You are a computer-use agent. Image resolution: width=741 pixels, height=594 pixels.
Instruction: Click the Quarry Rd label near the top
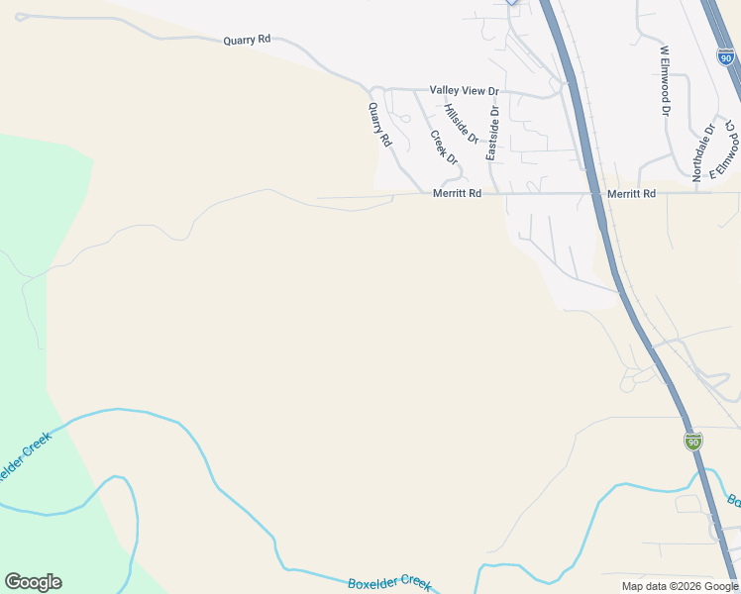(247, 41)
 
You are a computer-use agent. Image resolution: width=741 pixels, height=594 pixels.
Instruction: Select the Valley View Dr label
(464, 90)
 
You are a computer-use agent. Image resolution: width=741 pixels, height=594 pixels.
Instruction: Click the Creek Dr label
(444, 148)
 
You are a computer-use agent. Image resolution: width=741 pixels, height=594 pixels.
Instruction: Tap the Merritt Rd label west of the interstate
(457, 194)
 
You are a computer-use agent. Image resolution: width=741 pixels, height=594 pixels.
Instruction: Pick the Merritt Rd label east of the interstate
(631, 194)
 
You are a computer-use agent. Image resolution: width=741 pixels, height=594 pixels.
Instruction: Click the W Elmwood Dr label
(665, 80)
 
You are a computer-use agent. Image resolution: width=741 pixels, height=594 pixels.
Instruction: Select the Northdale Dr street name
(703, 151)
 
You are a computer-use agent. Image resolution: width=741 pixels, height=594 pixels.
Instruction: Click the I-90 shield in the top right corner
(727, 58)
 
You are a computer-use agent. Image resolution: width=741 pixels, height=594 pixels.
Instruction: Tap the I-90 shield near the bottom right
(692, 441)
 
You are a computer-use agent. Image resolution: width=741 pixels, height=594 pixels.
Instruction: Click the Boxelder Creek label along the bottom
(389, 584)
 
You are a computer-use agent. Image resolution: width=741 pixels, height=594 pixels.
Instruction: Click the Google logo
(33, 582)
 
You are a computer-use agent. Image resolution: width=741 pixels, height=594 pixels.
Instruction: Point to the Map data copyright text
(679, 586)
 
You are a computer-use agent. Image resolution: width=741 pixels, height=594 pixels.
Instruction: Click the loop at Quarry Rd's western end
(22, 16)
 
